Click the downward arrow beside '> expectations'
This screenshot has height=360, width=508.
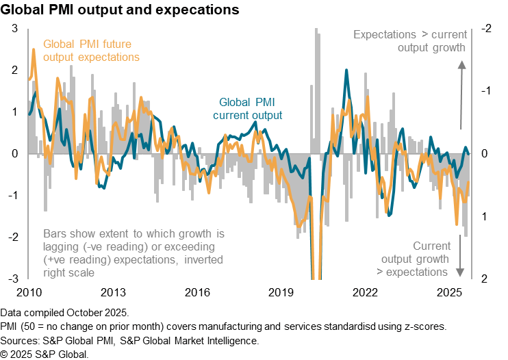click(460, 271)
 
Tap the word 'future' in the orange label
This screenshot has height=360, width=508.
click(123, 44)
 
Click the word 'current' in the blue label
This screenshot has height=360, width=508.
click(229, 116)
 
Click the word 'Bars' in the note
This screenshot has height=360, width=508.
click(55, 233)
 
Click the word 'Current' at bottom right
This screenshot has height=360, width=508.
click(431, 246)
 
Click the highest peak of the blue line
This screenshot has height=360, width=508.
click(347, 70)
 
